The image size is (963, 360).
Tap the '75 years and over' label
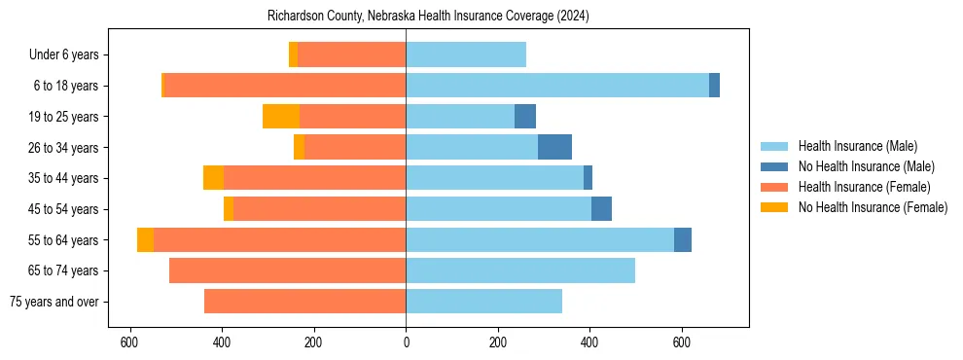[54, 302]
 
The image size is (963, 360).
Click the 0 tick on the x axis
[406, 342]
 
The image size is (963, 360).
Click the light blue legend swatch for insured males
[775, 146]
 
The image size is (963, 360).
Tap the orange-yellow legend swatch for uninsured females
[775, 207]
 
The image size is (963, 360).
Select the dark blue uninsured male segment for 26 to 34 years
[554, 147]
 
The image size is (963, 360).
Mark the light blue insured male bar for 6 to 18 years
[557, 86]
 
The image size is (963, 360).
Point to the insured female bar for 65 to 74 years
[287, 270]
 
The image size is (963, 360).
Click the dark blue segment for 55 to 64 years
[683, 239]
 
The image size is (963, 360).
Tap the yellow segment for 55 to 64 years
[145, 239]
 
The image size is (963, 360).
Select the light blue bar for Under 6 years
[466, 55]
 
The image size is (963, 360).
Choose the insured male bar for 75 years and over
[483, 302]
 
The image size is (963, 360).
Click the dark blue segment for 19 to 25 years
[525, 117]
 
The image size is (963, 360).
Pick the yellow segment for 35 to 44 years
[213, 178]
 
